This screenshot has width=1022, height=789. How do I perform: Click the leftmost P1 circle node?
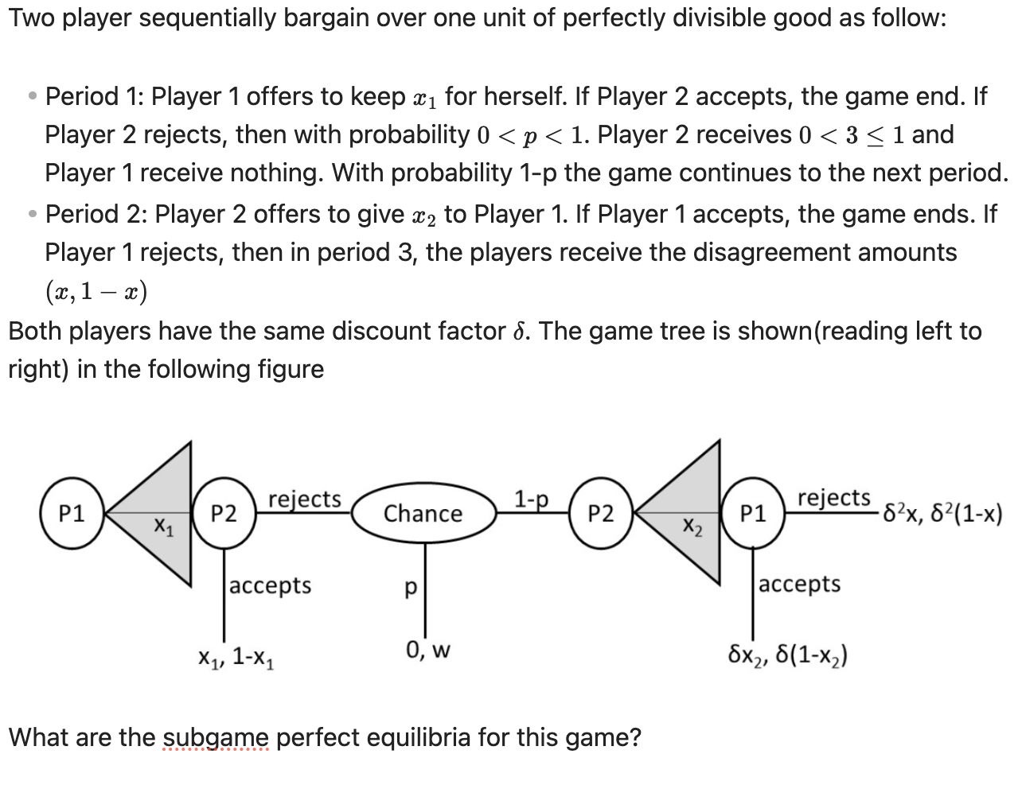pos(72,514)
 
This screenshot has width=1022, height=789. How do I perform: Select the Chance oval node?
pos(423,514)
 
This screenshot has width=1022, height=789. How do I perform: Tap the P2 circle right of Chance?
pos(601,514)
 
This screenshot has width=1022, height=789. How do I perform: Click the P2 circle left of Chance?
pos(224,514)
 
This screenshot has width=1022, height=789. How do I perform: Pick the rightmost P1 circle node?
pos(753,514)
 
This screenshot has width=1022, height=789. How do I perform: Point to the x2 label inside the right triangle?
pos(692,526)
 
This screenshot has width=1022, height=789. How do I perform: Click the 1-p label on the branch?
pos(531,499)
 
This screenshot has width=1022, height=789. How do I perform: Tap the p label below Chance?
pos(411,587)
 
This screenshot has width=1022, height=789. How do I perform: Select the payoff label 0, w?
pos(427,651)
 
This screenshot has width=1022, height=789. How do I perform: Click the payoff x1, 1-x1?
pos(237,658)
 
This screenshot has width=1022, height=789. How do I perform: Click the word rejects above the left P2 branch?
pos(305,499)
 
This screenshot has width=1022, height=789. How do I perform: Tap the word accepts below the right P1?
pos(799,584)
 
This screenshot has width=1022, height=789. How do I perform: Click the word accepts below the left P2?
pos(271,585)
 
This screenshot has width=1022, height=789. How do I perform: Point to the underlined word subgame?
pos(216,737)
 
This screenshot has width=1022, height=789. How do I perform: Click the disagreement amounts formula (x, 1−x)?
pos(96,291)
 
